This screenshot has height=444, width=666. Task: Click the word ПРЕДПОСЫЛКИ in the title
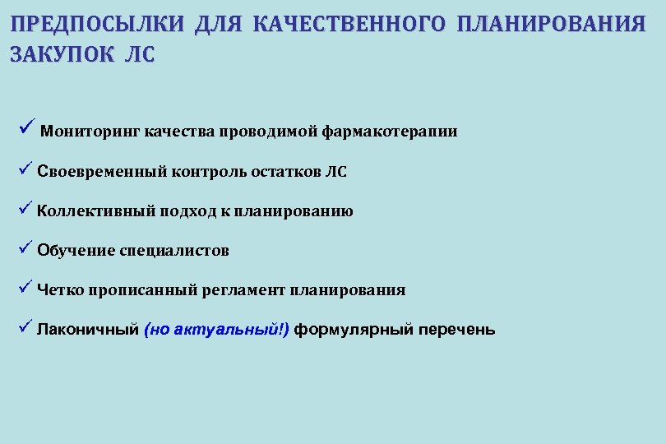click(x=98, y=23)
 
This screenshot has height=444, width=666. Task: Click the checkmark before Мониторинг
click(x=24, y=128)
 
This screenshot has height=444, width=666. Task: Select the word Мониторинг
click(x=90, y=132)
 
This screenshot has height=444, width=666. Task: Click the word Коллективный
click(x=96, y=211)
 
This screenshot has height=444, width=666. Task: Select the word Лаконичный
click(x=87, y=331)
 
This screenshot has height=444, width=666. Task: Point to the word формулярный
click(x=353, y=331)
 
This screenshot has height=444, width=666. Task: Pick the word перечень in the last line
click(x=457, y=331)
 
